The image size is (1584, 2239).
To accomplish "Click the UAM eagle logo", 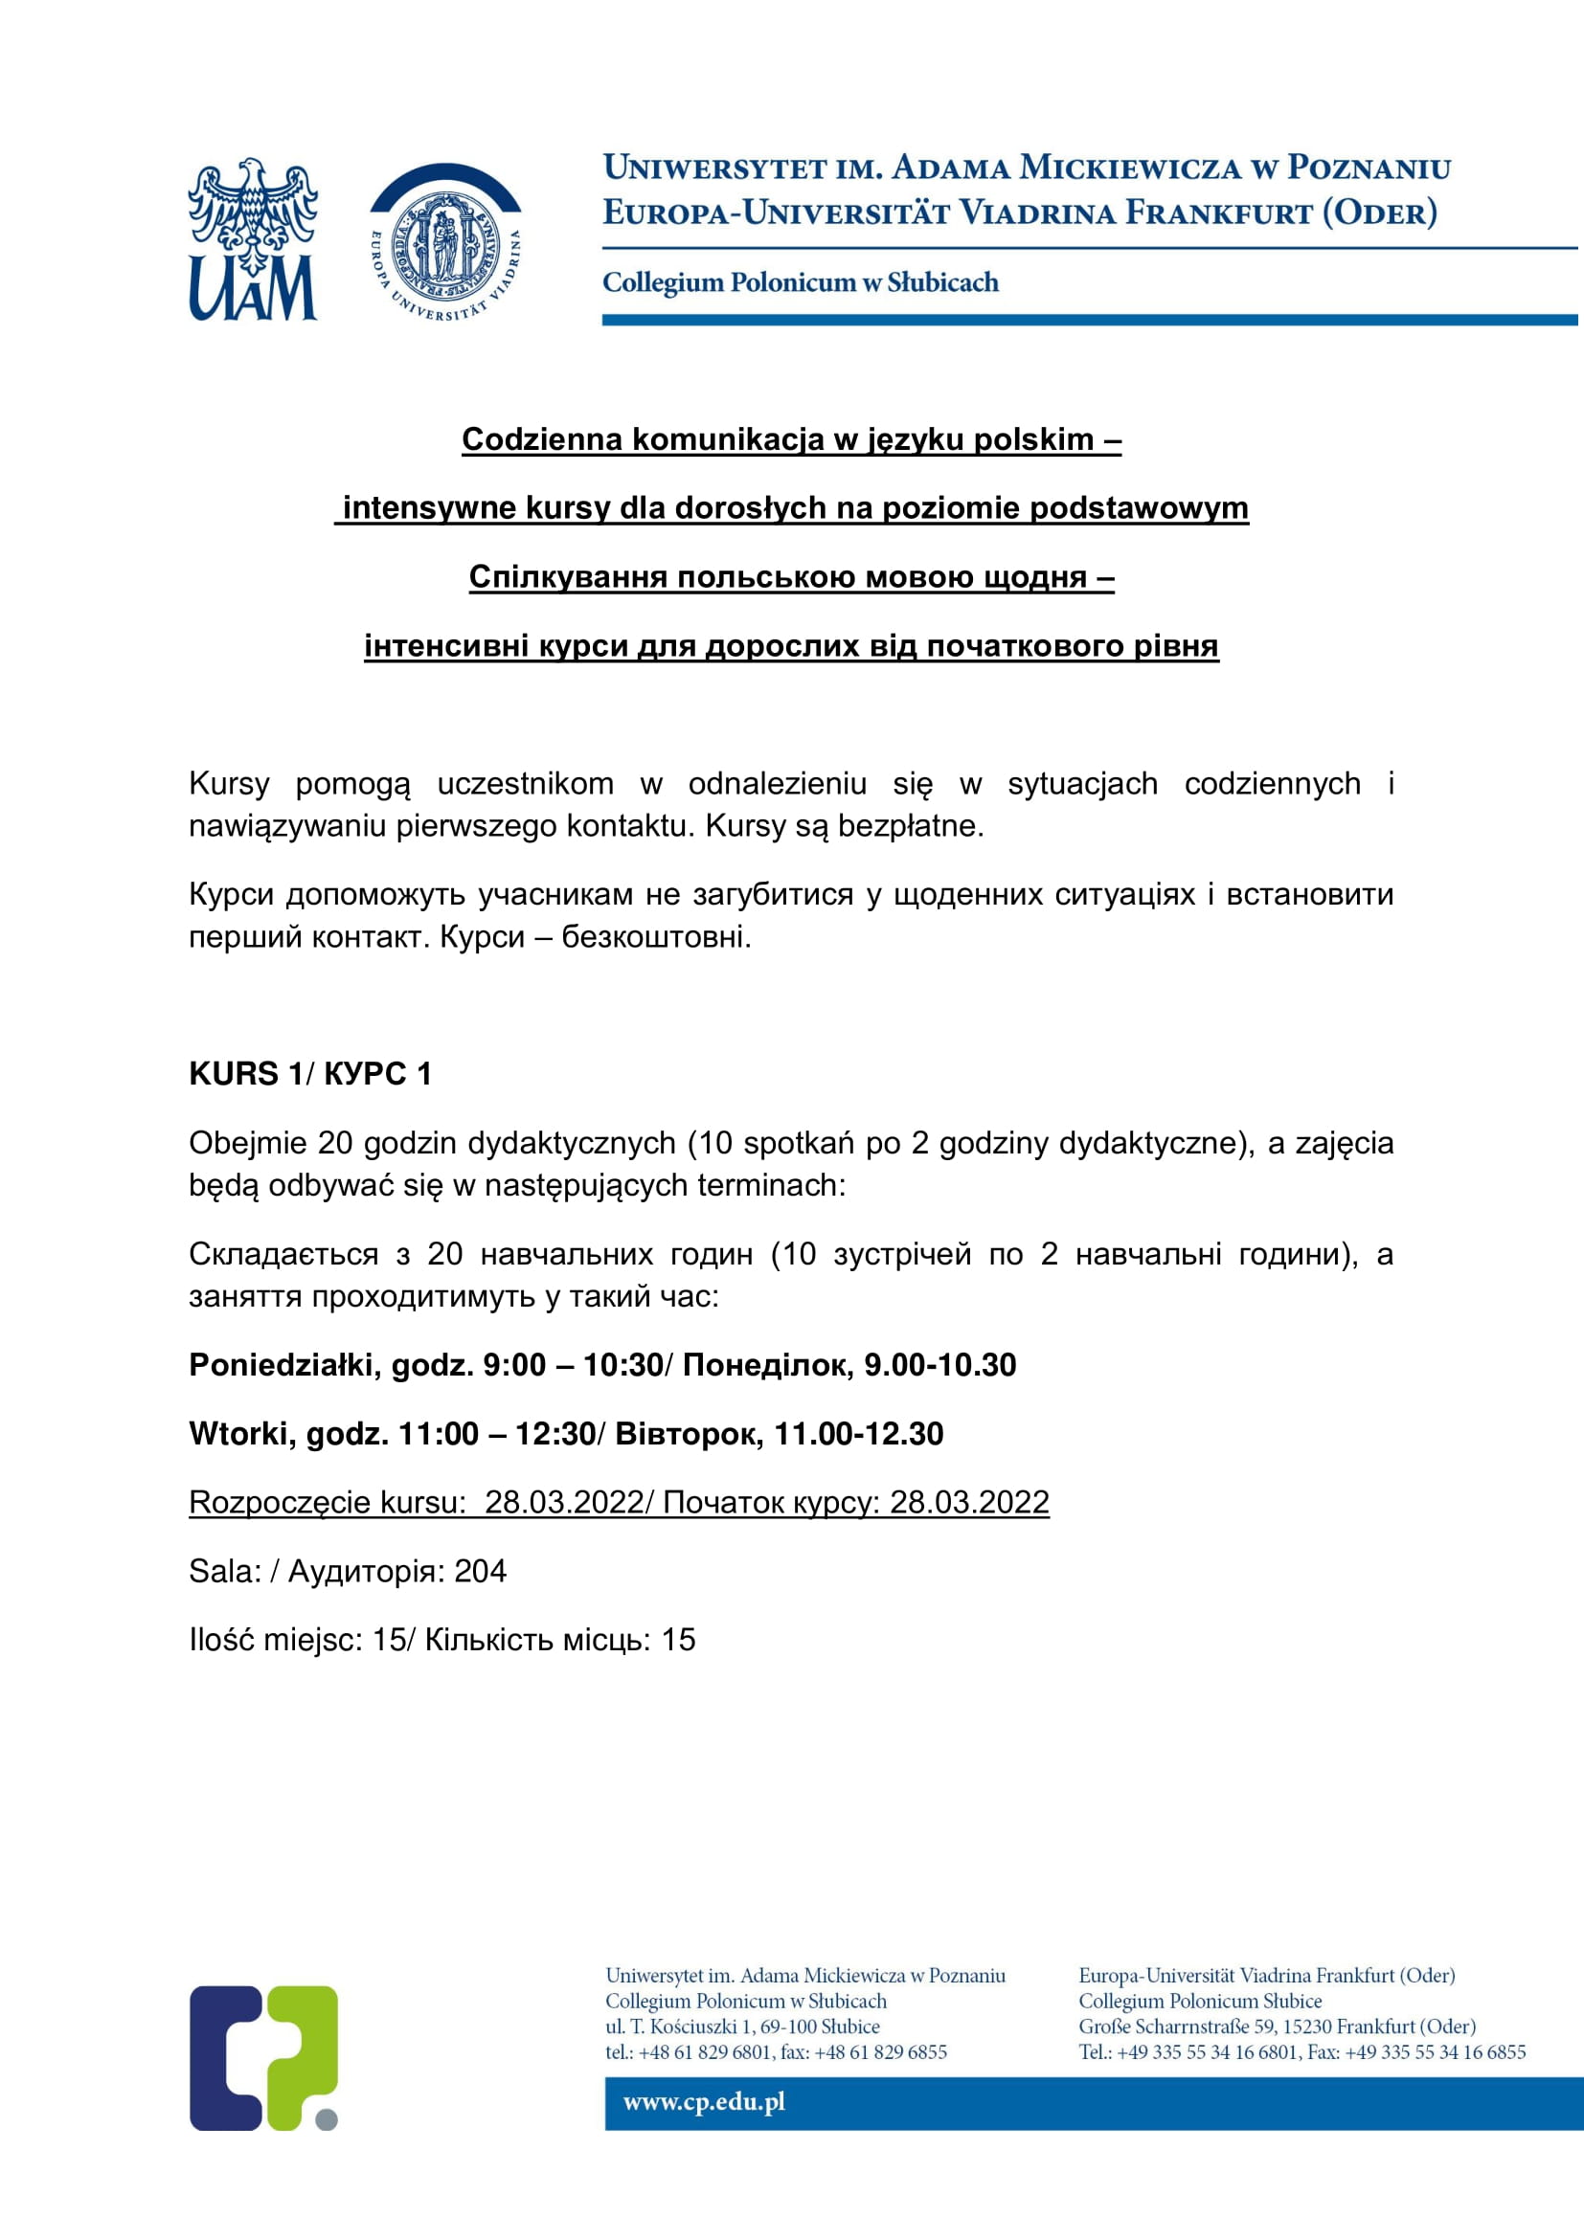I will pyautogui.click(x=253, y=239).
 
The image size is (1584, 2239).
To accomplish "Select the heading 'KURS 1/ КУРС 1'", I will pyautogui.click(x=310, y=1074).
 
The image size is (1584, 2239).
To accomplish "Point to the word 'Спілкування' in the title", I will pyautogui.click(x=569, y=577).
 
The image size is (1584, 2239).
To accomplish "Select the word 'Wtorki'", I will pyautogui.click(x=240, y=1434).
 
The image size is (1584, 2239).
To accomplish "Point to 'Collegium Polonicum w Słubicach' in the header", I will pyautogui.click(x=800, y=282).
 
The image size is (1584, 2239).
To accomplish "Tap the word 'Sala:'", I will pyautogui.click(x=225, y=1571).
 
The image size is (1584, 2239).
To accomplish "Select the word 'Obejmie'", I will pyautogui.click(x=249, y=1143).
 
